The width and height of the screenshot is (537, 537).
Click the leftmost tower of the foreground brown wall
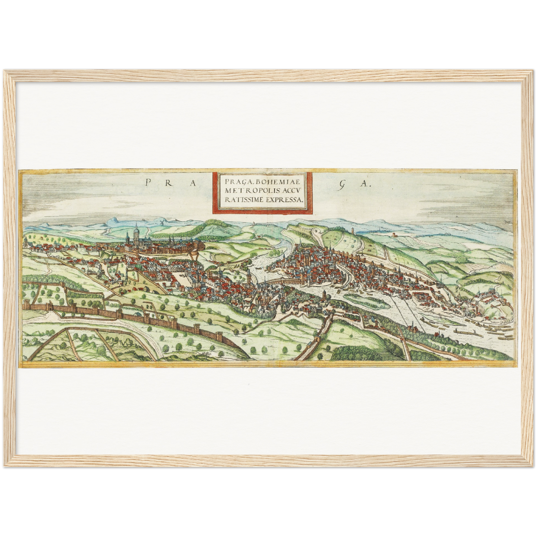point(25,306)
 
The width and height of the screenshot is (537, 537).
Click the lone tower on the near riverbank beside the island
point(325,294)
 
